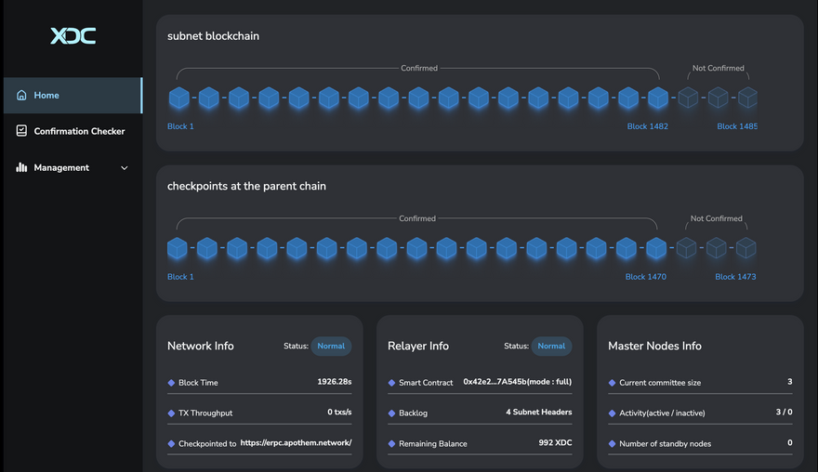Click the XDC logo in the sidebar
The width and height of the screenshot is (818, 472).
tap(73, 36)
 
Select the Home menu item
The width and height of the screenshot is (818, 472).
tap(46, 96)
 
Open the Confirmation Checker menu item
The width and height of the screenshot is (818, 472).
tap(79, 131)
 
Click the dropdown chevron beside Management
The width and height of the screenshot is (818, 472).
tap(125, 168)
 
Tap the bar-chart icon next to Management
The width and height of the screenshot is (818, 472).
tap(21, 168)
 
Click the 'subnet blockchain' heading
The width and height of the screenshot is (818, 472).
tap(213, 36)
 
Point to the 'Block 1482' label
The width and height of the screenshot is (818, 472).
tap(647, 126)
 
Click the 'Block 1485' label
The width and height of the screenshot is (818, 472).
tap(736, 126)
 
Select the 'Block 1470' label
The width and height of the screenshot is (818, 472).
tap(645, 277)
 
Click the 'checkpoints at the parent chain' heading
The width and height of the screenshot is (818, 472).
tap(246, 187)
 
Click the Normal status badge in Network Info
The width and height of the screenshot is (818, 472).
tap(331, 347)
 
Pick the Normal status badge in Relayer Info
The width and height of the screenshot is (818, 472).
tap(551, 347)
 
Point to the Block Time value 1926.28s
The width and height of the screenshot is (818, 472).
tap(335, 382)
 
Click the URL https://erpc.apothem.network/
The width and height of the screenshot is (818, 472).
tap(296, 443)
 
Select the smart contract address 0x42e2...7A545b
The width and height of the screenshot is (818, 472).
tap(517, 382)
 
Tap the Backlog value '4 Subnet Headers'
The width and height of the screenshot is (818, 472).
tap(538, 413)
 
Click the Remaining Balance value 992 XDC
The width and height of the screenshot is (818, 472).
tap(555, 443)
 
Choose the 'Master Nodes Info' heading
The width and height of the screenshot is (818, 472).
tap(654, 347)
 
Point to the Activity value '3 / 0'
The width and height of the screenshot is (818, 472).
tap(784, 413)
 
